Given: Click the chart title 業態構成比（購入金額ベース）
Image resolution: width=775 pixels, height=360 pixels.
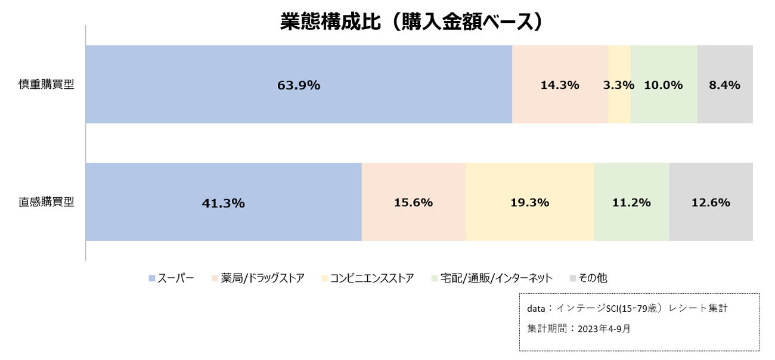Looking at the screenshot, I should point(413,21).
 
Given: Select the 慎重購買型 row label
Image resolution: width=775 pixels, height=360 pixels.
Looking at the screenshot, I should point(46,85).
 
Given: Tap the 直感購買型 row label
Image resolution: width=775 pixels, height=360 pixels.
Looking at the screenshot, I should point(46,201).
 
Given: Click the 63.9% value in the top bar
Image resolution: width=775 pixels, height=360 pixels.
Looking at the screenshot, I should point(299,85).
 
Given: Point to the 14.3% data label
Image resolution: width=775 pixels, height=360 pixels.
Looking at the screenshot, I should point(560,85).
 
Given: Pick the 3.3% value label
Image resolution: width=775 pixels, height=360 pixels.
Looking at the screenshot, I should point(619,85).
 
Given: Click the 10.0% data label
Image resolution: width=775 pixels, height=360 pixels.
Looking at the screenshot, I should point(663,85).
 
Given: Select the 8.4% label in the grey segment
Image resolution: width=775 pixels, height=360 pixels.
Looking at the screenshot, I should point(724,85).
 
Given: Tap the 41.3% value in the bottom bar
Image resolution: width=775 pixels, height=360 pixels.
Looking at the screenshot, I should point(224,203).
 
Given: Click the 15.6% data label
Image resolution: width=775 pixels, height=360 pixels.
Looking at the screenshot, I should point(413,203).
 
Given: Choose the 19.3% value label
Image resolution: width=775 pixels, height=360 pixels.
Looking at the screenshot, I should point(529,203).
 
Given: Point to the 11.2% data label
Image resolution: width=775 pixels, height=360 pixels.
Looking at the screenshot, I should point(631,203).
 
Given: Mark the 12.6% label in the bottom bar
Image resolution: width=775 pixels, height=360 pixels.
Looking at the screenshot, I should point(711,203).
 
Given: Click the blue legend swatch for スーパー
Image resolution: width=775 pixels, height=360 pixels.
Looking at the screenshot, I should point(152,278).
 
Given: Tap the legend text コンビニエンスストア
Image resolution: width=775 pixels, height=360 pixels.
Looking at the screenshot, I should point(371,278).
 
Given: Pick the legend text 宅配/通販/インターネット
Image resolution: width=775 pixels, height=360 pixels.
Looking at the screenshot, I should point(497,278).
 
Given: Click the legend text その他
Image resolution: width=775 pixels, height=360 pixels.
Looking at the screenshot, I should point(593,278).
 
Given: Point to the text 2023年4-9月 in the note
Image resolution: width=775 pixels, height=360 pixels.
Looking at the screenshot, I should point(604,328).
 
